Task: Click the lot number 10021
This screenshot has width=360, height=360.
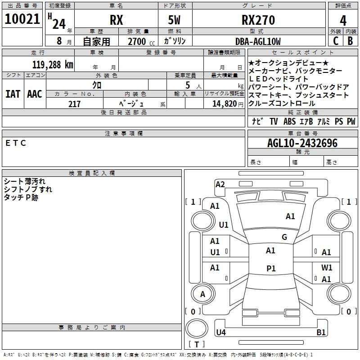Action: (22, 19)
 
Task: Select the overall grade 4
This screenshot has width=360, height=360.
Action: (343, 21)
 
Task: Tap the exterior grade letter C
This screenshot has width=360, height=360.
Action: (336, 41)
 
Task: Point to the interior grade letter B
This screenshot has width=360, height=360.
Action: (351, 41)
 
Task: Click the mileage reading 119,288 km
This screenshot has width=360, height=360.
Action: (53, 65)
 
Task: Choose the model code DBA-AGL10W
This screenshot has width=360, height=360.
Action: (258, 41)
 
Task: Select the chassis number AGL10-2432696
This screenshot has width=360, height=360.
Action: (302, 143)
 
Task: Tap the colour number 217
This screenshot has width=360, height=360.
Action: (74, 104)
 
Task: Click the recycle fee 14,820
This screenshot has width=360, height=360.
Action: (225, 104)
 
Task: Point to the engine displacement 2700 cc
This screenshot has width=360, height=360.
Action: (141, 41)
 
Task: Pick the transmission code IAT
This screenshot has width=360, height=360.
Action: (13, 94)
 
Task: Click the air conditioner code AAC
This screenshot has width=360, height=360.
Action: (35, 94)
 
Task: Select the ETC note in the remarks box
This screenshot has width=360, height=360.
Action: (16, 143)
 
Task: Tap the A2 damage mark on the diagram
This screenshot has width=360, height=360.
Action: (220, 184)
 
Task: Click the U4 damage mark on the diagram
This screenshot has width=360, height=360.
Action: (221, 332)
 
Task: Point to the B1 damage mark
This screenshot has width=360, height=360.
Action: (321, 332)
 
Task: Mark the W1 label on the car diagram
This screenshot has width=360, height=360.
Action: (327, 267)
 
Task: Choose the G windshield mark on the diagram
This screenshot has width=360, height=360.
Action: (284, 237)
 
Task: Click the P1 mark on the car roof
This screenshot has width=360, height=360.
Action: (271, 268)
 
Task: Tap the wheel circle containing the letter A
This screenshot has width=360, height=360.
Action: (202, 294)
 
